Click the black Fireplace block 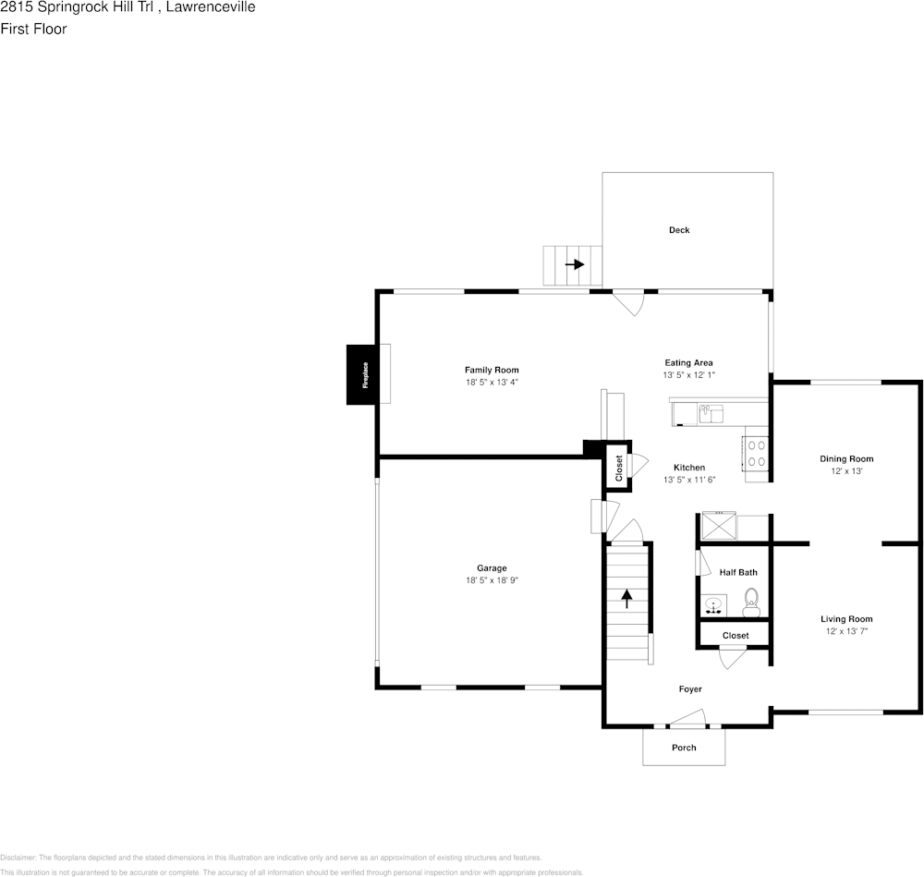364,373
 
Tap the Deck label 679,230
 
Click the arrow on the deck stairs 575,263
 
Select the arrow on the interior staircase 626,598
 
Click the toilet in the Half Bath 751,603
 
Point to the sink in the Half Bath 713,606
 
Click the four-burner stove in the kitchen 755,453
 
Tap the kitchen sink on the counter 711,413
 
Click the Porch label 684,748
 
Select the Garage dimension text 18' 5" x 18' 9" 492,580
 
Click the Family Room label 492,370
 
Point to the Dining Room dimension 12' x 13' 846,471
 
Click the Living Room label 846,619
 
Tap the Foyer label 690,689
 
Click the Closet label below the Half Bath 736,636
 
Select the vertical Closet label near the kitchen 619,469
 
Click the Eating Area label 688,363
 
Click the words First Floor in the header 33,29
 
